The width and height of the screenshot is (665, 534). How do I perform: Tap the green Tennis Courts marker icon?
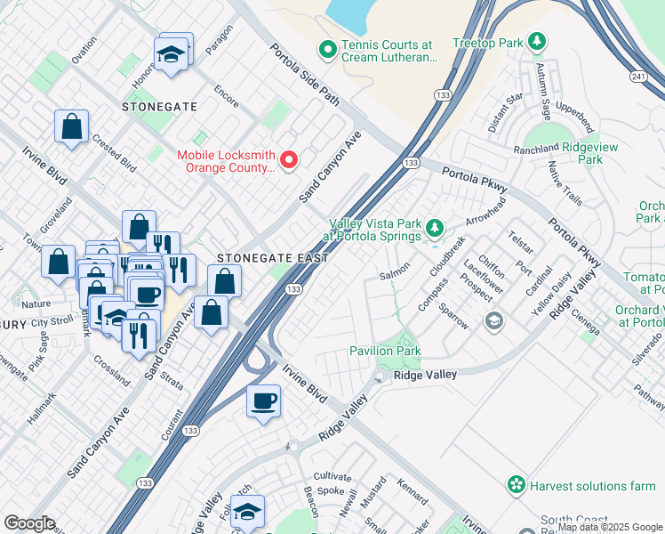pyautogui.click(x=327, y=50)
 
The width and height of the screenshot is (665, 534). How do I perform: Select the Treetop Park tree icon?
pyautogui.click(x=536, y=41)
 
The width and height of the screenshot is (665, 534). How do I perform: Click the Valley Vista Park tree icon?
pyautogui.click(x=435, y=229)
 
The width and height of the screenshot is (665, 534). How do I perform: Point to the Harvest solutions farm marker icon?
pyautogui.click(x=516, y=485)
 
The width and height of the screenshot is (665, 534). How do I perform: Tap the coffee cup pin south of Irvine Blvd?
pyautogui.click(x=263, y=402)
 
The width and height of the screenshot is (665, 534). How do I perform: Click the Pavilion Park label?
pyautogui.click(x=385, y=352)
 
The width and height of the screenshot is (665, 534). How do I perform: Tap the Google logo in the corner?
pyautogui.click(x=29, y=523)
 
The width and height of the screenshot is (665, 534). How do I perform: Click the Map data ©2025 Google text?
pyautogui.click(x=610, y=527)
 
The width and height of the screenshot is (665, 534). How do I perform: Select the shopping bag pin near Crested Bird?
pyautogui.click(x=71, y=126)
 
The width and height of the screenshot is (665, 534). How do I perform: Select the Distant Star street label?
pyautogui.click(x=504, y=113)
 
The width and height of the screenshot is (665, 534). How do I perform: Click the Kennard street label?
pyautogui.click(x=413, y=489)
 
